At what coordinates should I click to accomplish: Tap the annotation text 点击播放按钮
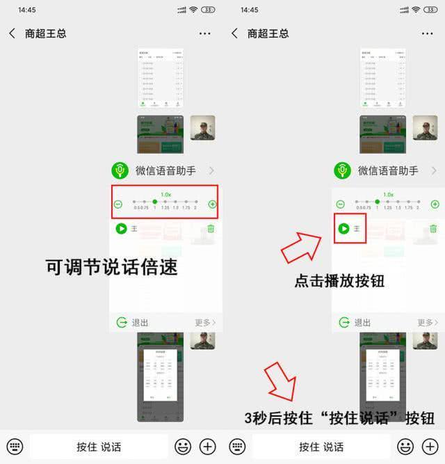click(x=339, y=281)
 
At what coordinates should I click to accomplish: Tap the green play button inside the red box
click(x=343, y=228)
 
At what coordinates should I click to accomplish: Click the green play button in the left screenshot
click(x=121, y=228)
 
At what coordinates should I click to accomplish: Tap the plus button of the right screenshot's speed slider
click(x=435, y=205)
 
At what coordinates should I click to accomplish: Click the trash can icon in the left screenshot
click(x=211, y=228)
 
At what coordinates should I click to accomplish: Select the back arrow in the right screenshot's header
click(x=234, y=33)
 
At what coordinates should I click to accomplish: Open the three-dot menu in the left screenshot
click(x=204, y=33)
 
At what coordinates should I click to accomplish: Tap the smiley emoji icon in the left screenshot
click(x=183, y=446)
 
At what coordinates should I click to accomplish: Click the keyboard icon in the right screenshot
click(x=237, y=446)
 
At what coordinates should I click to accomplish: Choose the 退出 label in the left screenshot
click(x=140, y=323)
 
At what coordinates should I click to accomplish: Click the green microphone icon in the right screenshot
click(x=341, y=170)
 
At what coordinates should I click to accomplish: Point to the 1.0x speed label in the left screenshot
click(x=165, y=195)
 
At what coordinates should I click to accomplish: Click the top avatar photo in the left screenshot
click(x=202, y=128)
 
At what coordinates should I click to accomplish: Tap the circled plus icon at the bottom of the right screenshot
click(x=430, y=446)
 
